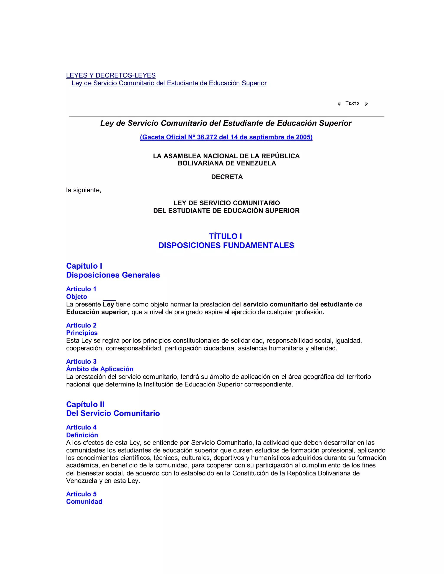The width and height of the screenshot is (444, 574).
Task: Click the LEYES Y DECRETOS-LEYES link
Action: [111, 75]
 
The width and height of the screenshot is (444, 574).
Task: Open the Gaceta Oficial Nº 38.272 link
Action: [226, 137]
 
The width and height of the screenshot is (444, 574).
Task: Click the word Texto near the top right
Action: [352, 103]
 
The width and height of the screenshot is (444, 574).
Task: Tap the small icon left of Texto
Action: [339, 104]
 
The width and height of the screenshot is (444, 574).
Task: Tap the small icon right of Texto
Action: [366, 104]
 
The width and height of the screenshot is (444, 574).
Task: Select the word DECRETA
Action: [227, 177]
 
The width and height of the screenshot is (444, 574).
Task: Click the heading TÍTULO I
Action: [225, 236]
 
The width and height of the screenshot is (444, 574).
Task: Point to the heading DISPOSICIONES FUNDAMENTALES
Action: [226, 245]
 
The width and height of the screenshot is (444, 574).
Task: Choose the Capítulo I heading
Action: [84, 266]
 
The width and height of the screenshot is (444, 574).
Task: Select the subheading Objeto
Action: [77, 297]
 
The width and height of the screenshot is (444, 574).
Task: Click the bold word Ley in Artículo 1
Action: [108, 304]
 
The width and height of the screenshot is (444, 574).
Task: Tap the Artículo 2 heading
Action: [81, 325]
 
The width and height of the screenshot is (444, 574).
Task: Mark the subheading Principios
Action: [82, 333]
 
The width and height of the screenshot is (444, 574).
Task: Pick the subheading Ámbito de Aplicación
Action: [100, 369]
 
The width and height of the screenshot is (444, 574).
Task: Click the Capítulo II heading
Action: [85, 404]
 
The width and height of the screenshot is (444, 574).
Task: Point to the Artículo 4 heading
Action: [81, 427]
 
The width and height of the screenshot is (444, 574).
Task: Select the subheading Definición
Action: [82, 435]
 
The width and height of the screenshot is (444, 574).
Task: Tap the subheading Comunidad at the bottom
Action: [84, 501]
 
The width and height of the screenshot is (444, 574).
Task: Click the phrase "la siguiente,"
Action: [84, 190]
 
